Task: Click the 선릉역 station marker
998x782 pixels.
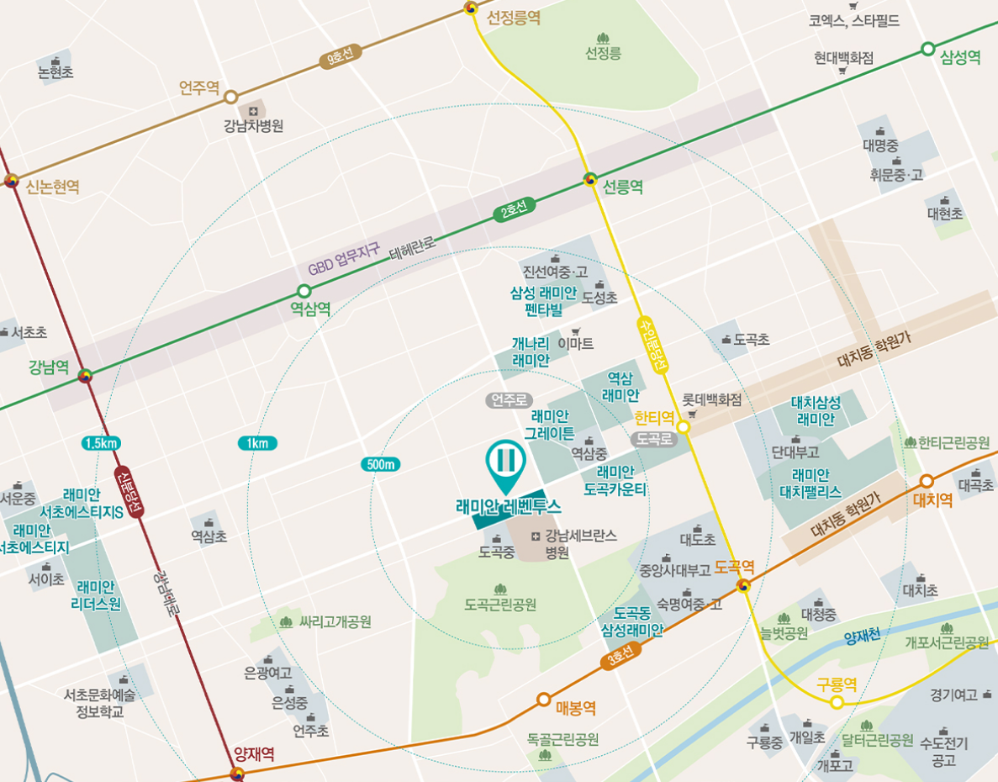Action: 590,180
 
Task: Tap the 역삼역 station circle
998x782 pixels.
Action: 304,291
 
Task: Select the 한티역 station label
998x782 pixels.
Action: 655,417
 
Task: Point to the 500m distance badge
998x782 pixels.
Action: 382,464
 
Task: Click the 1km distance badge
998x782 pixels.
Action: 257,443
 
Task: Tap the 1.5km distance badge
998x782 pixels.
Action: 101,443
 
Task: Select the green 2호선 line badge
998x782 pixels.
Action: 514,211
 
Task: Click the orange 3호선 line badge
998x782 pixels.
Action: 621,657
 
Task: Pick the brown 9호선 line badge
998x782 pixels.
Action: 341,56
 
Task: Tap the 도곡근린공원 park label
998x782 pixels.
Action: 500,605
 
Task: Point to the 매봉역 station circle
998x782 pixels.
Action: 543,700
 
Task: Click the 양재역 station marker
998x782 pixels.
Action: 237,773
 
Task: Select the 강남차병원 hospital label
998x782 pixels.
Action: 253,125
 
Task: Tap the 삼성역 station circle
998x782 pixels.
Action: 928,49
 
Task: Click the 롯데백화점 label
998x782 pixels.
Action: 711,400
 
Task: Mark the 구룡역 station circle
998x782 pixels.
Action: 837,702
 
